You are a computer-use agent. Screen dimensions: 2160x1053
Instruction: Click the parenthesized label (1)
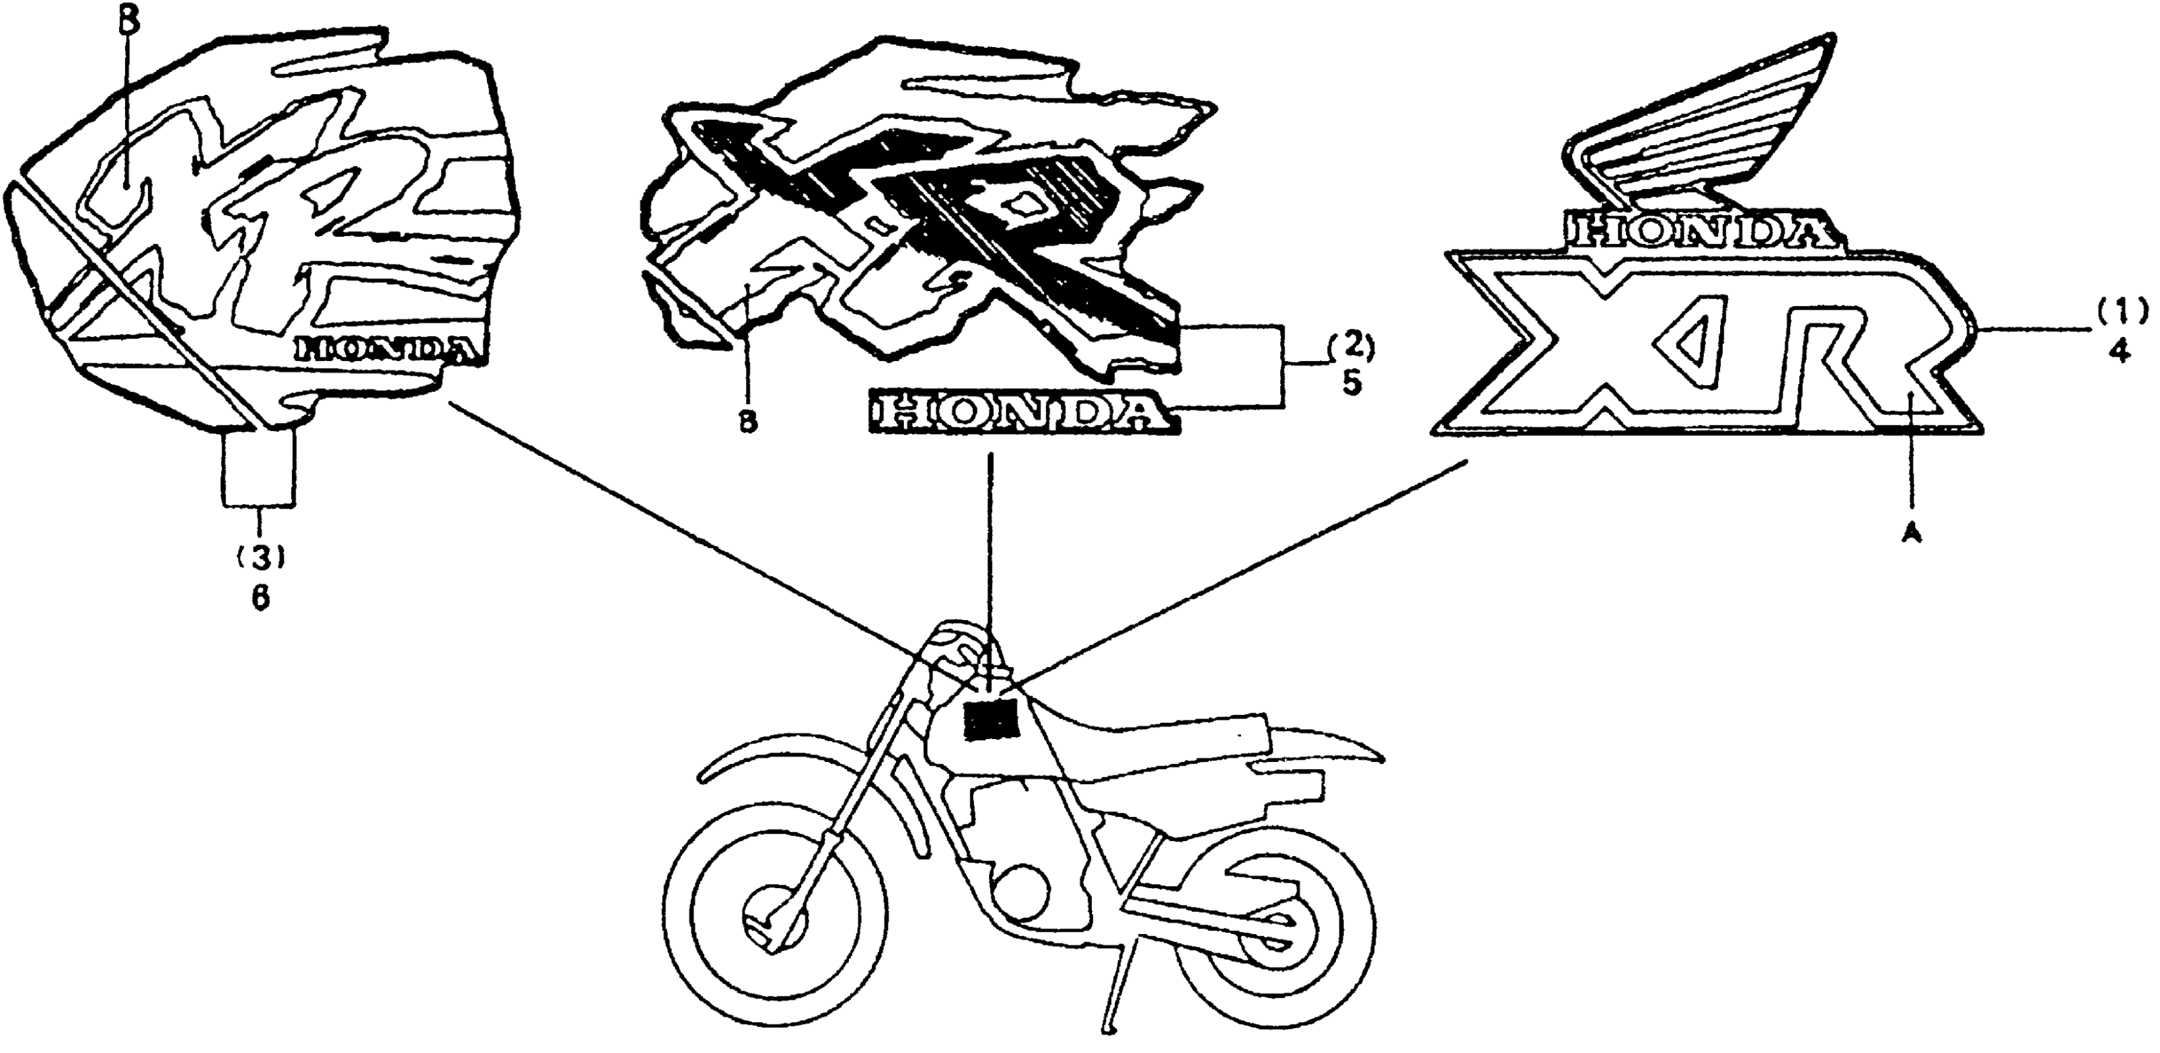coord(2122,312)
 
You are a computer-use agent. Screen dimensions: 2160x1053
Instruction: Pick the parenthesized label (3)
coord(261,557)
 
